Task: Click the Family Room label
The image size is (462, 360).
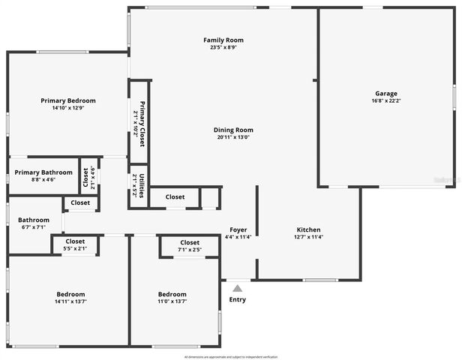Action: point(223,40)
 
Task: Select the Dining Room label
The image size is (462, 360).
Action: point(234,129)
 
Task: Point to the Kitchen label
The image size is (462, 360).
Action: point(308,229)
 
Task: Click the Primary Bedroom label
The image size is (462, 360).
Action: point(68,100)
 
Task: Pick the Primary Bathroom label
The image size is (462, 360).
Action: point(43,172)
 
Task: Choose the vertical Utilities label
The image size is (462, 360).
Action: point(138,184)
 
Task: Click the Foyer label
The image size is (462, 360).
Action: point(238,229)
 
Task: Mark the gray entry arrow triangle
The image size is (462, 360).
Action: point(237,287)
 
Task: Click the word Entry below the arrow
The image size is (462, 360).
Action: point(237,299)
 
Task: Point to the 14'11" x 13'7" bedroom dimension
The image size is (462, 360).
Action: point(70,301)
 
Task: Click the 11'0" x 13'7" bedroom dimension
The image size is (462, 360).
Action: point(172,301)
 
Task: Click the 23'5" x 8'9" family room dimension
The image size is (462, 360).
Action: point(223,48)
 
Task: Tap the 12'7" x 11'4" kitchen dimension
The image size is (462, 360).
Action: point(308,238)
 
